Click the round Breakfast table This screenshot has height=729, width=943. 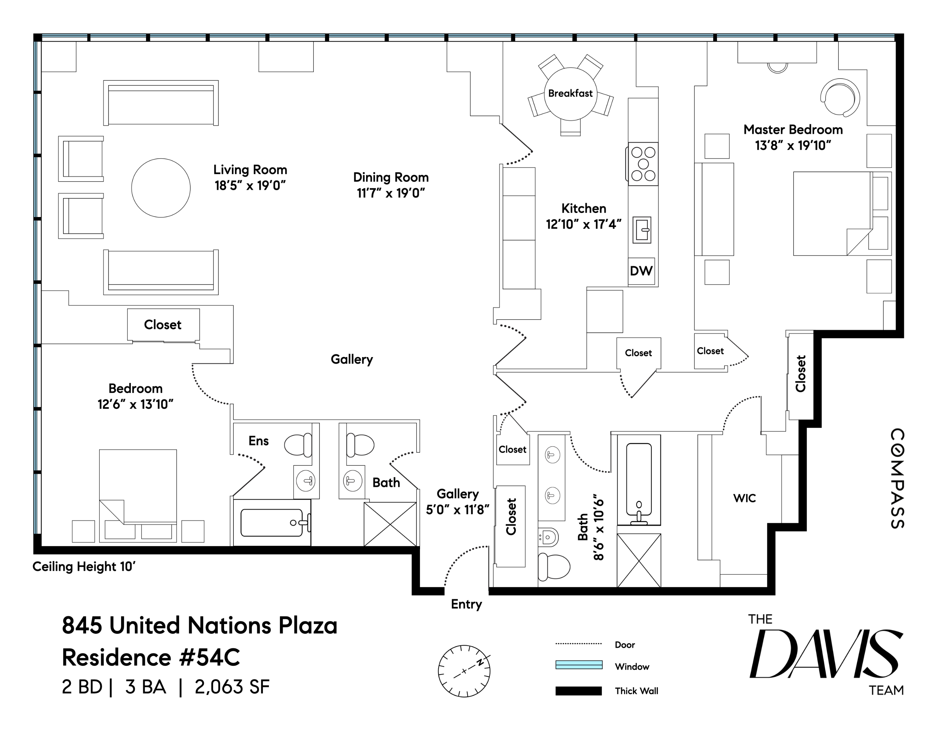(571, 94)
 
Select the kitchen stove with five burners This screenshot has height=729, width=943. (643, 164)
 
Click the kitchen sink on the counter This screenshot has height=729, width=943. (642, 230)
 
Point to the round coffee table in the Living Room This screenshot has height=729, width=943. (161, 188)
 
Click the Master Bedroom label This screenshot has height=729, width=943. (793, 130)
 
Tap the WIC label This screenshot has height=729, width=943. (744, 498)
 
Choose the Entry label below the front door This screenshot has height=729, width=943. (466, 604)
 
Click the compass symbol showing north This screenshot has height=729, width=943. (464, 671)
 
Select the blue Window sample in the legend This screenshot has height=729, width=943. (579, 665)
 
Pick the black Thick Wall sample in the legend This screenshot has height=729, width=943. (579, 691)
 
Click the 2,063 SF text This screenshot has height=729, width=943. (232, 687)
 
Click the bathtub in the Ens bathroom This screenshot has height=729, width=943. (272, 522)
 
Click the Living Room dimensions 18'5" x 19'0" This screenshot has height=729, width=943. (250, 186)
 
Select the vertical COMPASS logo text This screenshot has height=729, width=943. (898, 479)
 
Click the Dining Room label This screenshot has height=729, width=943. (391, 177)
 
